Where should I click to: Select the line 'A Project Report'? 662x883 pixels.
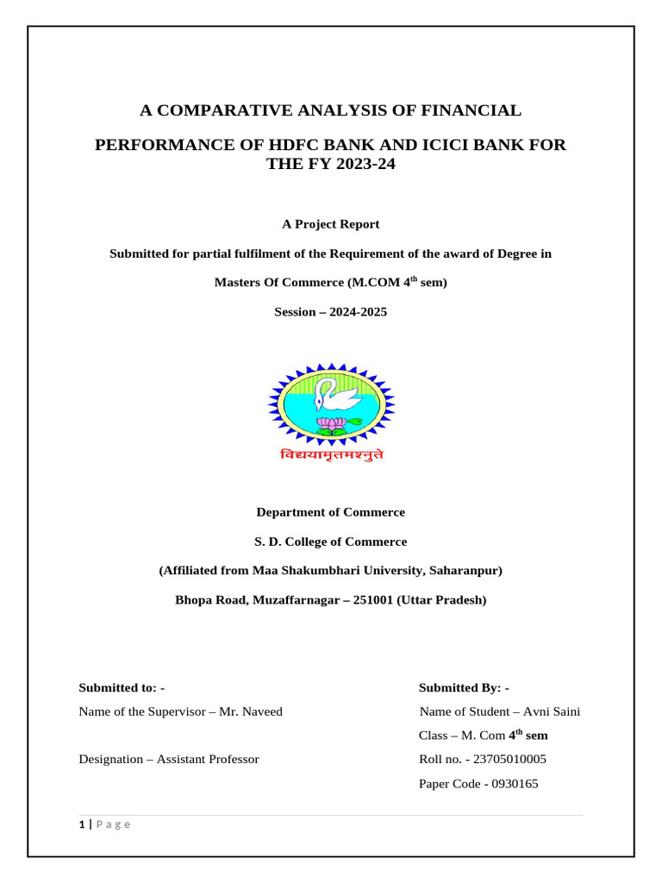(331, 224)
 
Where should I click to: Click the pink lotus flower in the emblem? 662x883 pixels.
(330, 424)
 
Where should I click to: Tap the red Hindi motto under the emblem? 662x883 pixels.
(331, 454)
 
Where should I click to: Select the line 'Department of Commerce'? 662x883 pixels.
(331, 512)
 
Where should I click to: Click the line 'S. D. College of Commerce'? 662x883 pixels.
(331, 542)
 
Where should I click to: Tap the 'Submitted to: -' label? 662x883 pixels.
(122, 687)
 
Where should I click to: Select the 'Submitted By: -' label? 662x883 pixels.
(464, 687)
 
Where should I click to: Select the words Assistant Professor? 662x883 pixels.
(208, 760)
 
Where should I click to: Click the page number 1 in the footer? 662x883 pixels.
(81, 825)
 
